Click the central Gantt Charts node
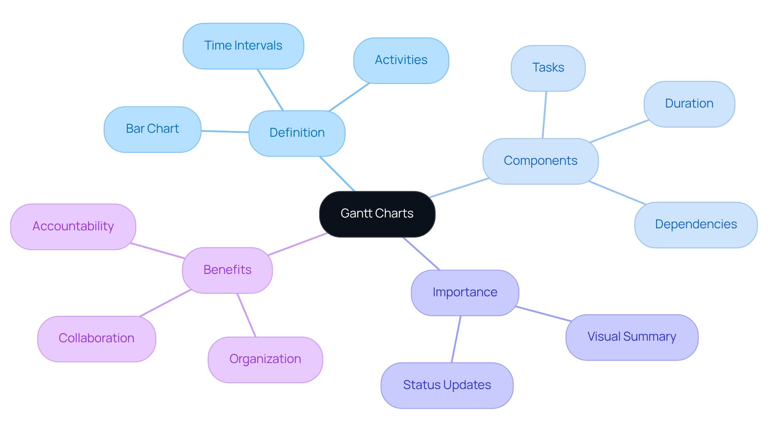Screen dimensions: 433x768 point(377,214)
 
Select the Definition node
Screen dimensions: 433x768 point(297,133)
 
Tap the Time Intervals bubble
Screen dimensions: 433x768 point(243,46)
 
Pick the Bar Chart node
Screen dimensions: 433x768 point(152,129)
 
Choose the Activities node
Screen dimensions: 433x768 point(401,60)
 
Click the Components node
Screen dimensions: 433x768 point(540,161)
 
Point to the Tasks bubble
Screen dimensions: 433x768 point(548,68)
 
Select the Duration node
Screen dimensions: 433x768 point(689,104)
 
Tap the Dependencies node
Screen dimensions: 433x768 point(696,225)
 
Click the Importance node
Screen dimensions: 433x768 point(465,293)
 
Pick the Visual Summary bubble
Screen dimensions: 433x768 point(632,337)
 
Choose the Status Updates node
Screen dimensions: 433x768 point(447,385)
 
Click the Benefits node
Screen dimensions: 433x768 point(227,270)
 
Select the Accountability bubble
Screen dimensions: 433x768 point(73,227)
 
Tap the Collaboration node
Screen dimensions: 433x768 point(96,339)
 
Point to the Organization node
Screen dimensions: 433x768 point(265,359)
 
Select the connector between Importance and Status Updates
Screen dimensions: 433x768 point(456,339)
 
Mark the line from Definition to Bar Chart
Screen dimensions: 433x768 point(225,132)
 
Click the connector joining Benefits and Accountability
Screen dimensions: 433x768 point(157,251)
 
